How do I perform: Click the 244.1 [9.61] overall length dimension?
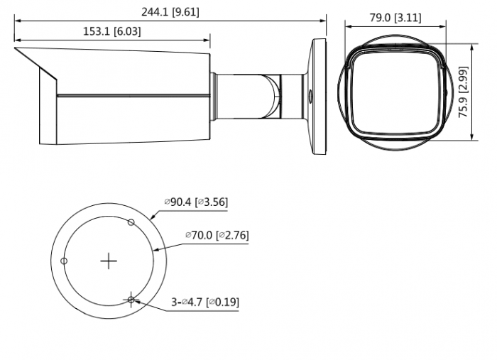click(x=170, y=12)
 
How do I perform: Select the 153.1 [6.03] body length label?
click(x=112, y=31)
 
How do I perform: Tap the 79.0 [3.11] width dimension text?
click(x=395, y=18)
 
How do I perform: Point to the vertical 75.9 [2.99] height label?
click(x=463, y=92)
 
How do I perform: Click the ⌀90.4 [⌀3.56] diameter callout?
click(x=196, y=202)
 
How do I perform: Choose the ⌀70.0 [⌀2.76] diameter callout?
click(x=217, y=235)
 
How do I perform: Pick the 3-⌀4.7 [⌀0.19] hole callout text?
click(x=205, y=302)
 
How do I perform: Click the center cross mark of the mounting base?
click(x=109, y=261)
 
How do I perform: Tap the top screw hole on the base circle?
click(x=131, y=222)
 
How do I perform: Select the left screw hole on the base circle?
click(x=64, y=261)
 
